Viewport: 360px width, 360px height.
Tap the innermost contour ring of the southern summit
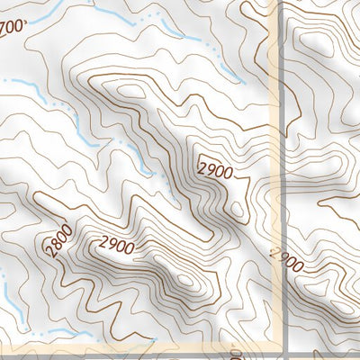tap(184, 281)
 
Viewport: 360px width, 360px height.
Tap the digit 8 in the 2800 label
tap(57, 245)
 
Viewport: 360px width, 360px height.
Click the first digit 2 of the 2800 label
tap(49, 254)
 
